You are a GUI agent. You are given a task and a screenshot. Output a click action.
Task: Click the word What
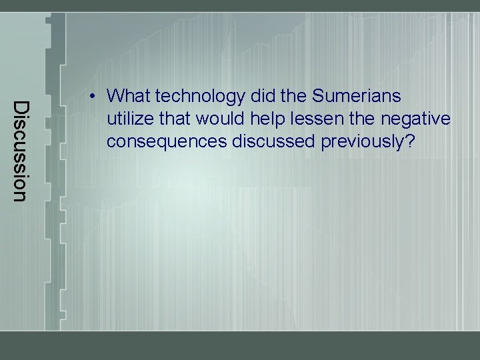(129, 97)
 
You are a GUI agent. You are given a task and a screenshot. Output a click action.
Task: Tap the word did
(261, 97)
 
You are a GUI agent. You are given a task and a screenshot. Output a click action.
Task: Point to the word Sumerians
(356, 97)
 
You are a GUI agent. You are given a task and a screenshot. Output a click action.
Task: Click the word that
(169, 119)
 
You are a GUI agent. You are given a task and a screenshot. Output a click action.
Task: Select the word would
(211, 119)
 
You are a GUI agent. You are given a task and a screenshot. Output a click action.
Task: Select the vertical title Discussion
(21, 150)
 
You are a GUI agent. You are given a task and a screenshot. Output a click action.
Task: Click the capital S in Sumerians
(317, 97)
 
